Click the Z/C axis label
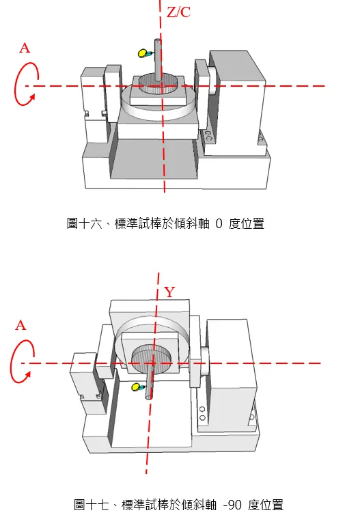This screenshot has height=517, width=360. (x=179, y=12)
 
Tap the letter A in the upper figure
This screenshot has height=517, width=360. (x=25, y=48)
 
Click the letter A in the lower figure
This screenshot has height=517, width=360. (x=20, y=326)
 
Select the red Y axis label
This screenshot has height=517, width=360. (x=169, y=292)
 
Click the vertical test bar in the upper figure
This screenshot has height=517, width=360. (x=158, y=59)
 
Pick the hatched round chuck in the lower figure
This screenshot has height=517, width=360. (x=152, y=359)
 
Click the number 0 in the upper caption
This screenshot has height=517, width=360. (x=219, y=224)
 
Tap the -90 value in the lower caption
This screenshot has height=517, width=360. (x=232, y=505)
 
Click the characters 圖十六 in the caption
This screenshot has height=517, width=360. (x=85, y=223)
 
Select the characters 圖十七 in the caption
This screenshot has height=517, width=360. (x=92, y=505)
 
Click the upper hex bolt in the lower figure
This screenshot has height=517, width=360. (x=202, y=409)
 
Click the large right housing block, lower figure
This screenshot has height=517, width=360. (x=231, y=376)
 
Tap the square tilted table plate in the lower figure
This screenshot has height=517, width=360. (x=150, y=353)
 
